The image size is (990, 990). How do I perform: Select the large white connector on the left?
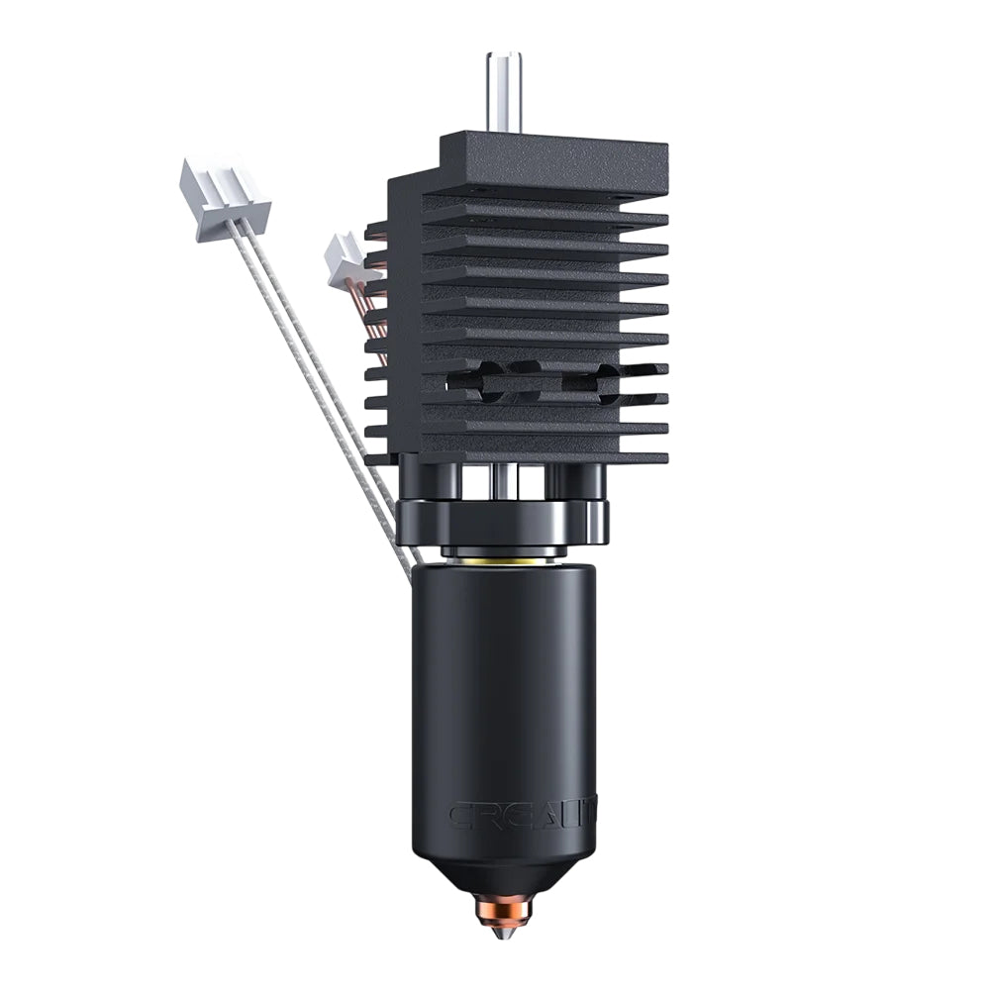223,190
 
